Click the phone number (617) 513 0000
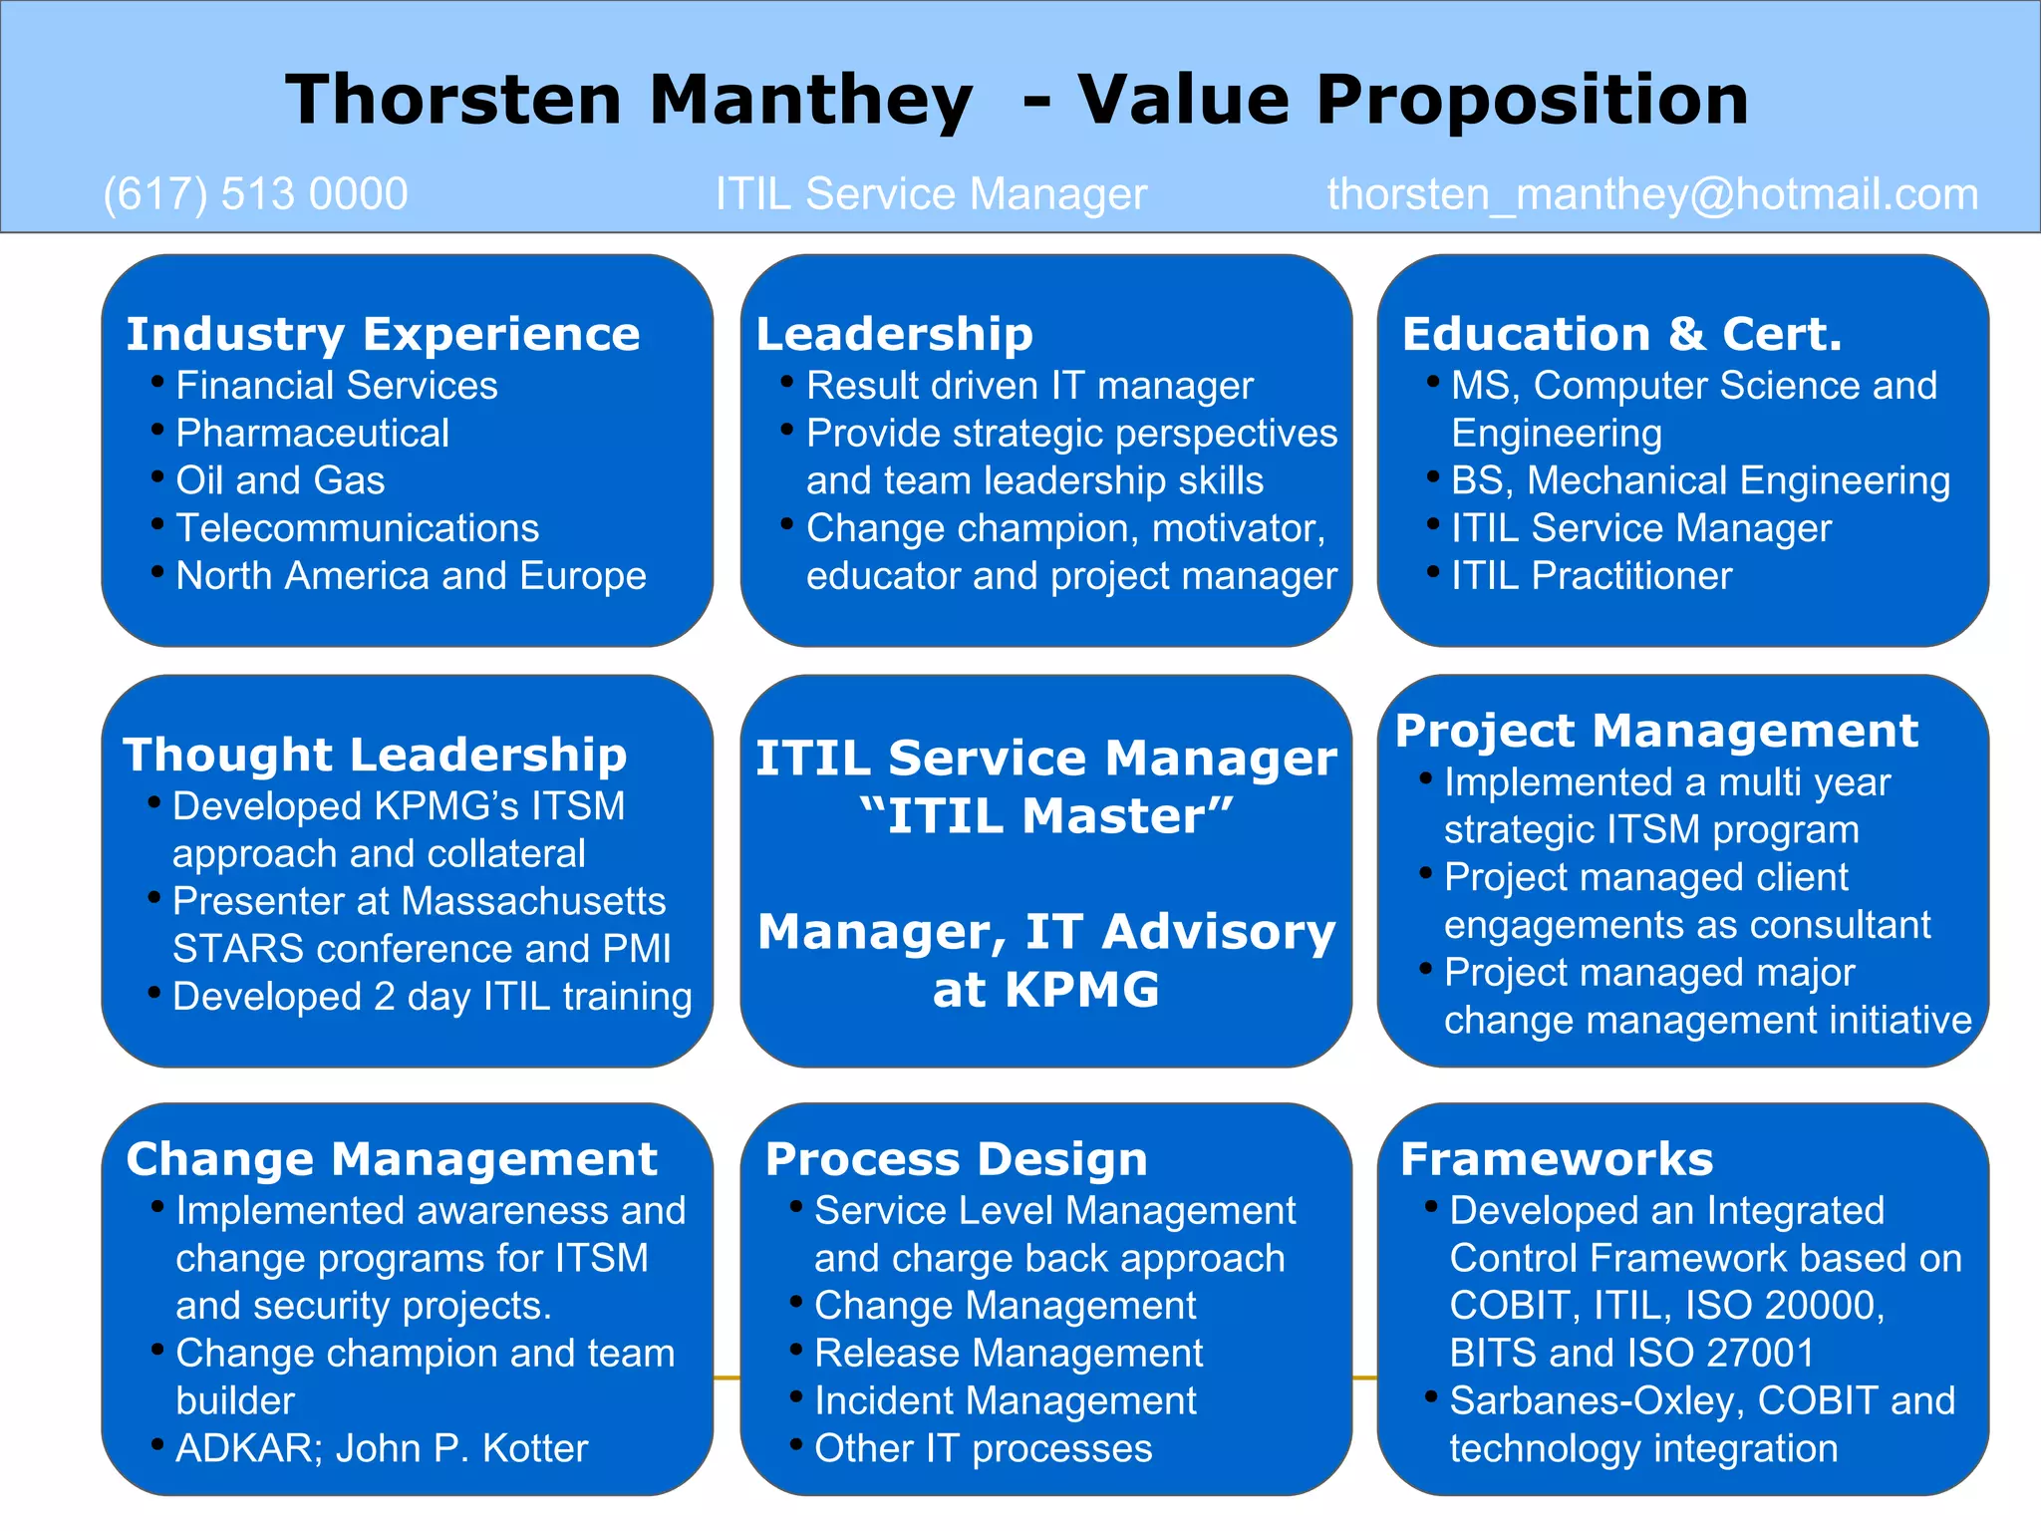(x=255, y=194)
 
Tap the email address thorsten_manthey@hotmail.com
(x=1652, y=194)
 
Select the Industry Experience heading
(x=383, y=334)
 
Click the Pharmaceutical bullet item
(x=312, y=434)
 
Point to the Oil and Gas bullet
(x=280, y=481)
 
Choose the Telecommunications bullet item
(x=357, y=528)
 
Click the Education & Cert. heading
(x=1621, y=334)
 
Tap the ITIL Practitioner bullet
(x=1591, y=576)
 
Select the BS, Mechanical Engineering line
(x=1699, y=481)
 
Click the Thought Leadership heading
(x=375, y=755)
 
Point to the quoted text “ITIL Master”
(x=1045, y=816)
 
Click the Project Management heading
(x=1656, y=731)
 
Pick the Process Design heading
(x=956, y=1159)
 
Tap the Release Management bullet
(x=1008, y=1354)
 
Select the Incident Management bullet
(x=1005, y=1401)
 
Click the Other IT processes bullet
(x=983, y=1449)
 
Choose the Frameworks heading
(x=1556, y=1159)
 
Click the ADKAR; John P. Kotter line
(x=382, y=1449)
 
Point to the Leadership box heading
(x=894, y=334)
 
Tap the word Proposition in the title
(x=1532, y=100)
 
